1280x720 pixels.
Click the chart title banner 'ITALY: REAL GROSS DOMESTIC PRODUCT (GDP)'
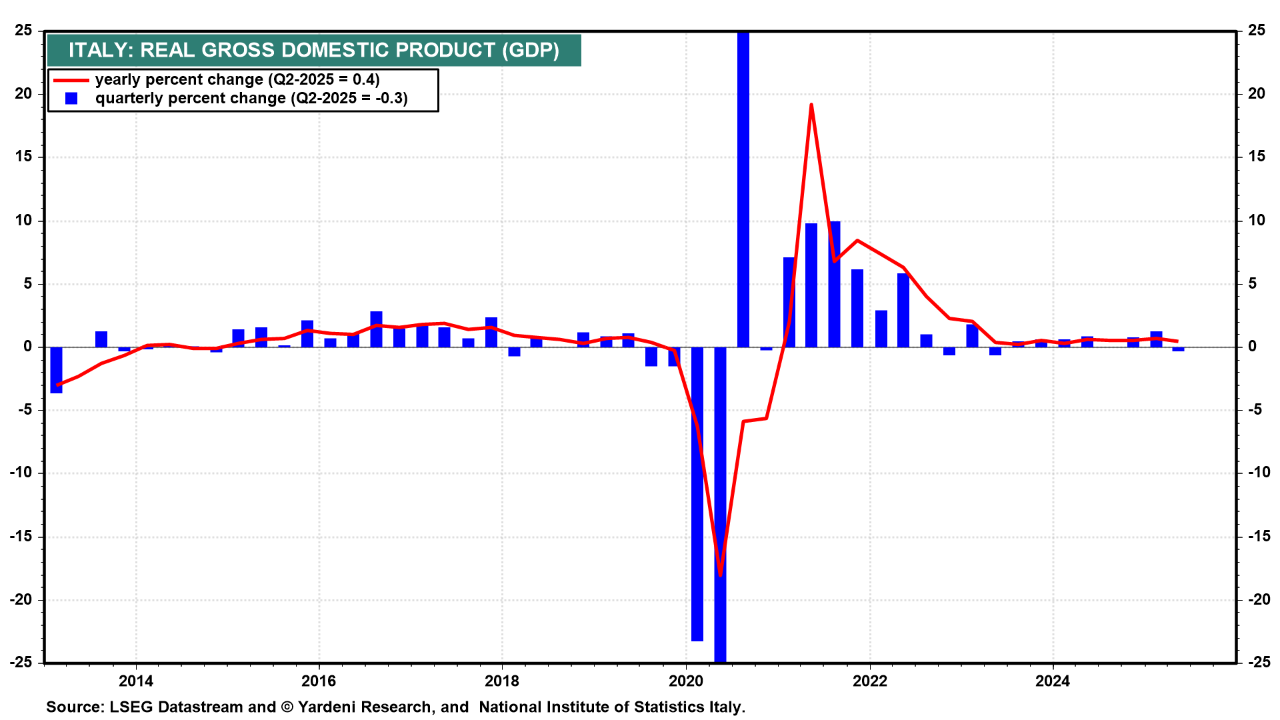[x=313, y=50]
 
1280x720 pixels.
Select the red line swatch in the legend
[x=71, y=80]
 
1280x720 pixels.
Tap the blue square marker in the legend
[x=71, y=99]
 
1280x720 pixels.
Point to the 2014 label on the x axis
[x=135, y=681]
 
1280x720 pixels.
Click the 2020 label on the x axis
[x=686, y=681]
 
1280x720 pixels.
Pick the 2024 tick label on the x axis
[x=1053, y=681]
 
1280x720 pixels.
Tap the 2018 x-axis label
[x=502, y=681]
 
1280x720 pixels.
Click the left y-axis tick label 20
[x=24, y=94]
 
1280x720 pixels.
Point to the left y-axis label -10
[x=21, y=473]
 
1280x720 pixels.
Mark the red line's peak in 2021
[x=811, y=105]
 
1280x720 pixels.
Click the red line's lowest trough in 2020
[x=720, y=574]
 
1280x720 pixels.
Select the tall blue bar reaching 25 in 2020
[x=743, y=187]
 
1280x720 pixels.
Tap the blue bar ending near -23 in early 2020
[x=697, y=493]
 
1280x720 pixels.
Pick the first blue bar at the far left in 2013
[x=56, y=370]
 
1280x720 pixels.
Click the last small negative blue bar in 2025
[x=1179, y=349]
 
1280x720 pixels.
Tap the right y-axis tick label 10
[x=1256, y=221]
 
